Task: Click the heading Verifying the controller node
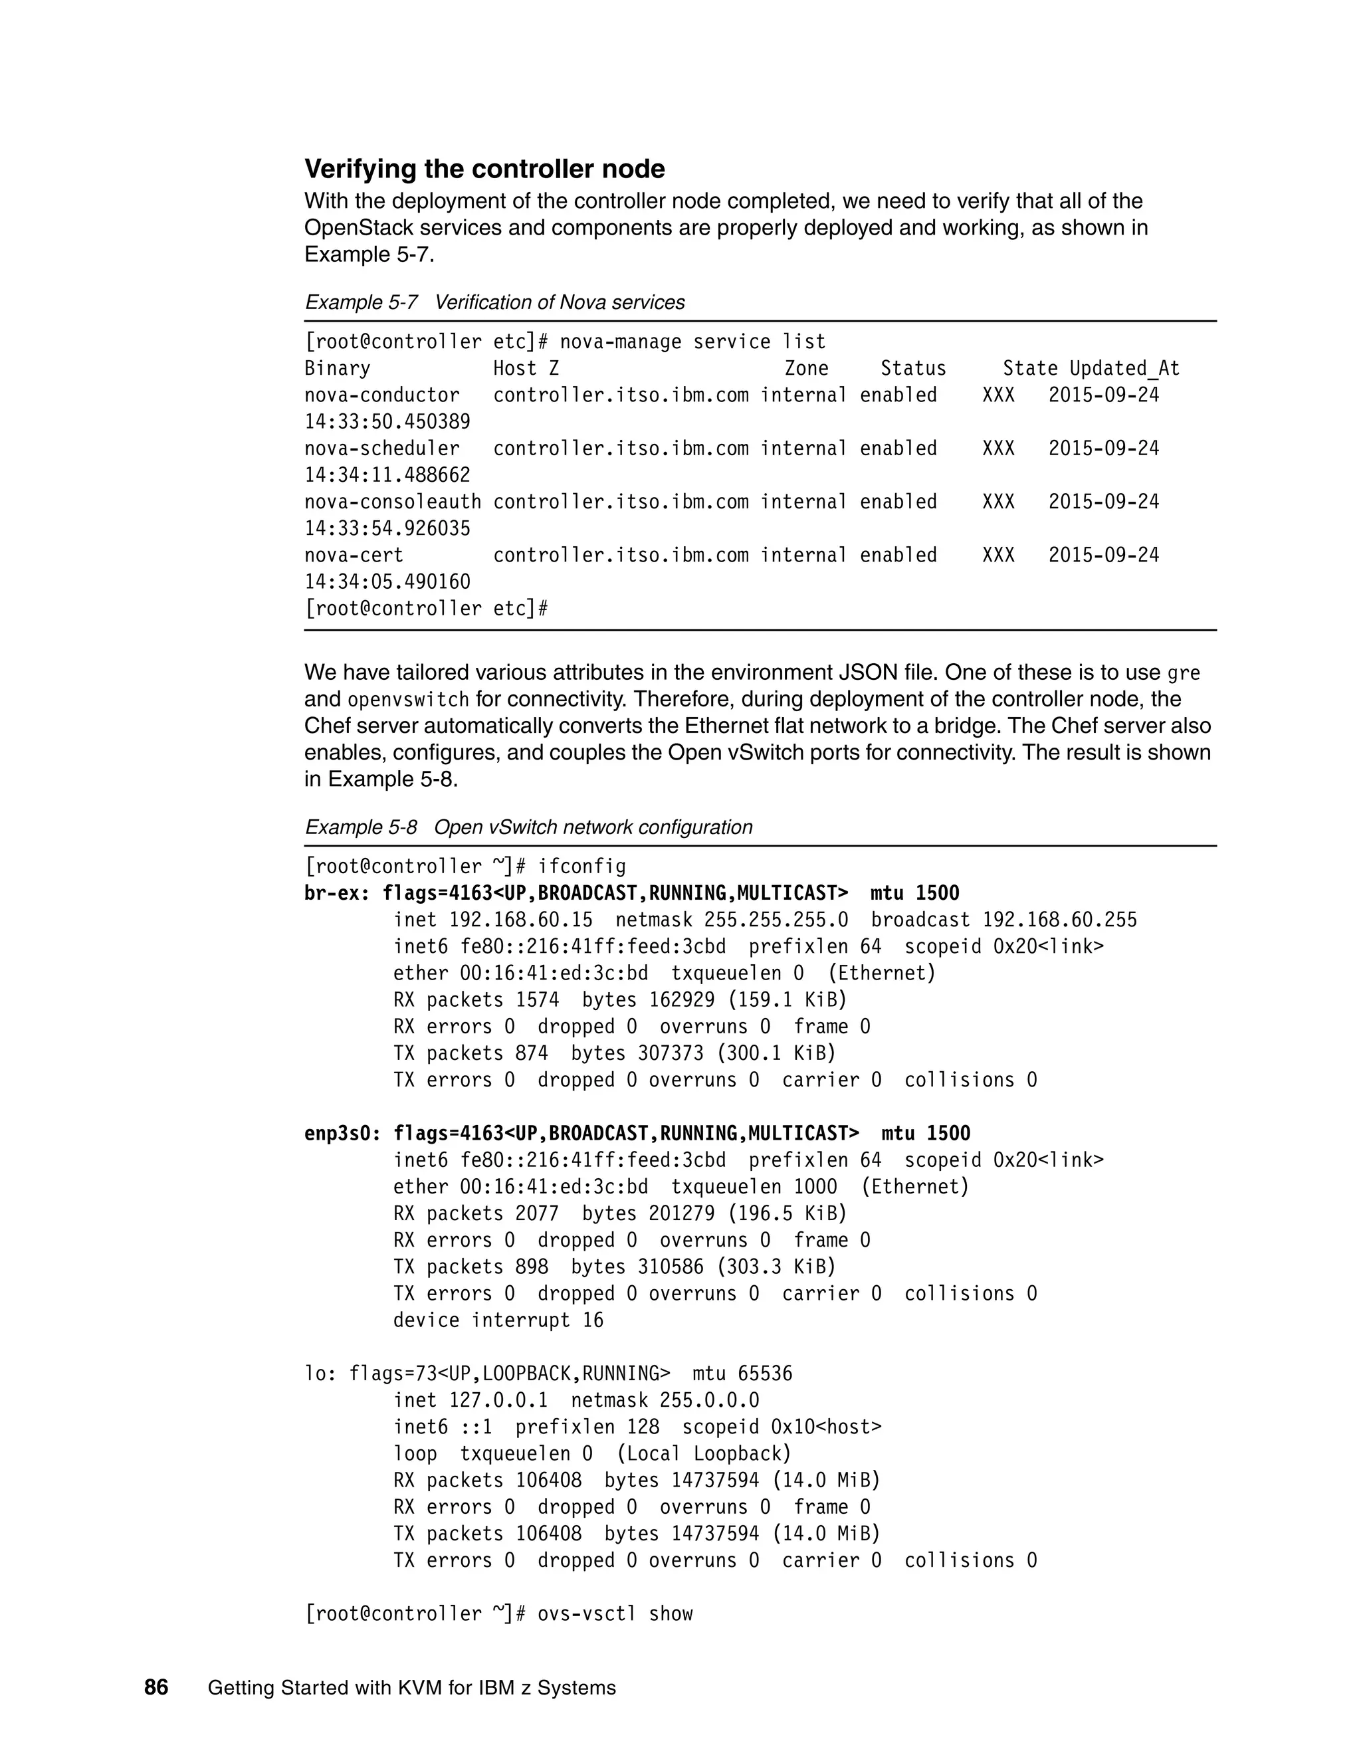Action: [484, 169]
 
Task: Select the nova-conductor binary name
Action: [381, 395]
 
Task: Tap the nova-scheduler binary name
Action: [381, 449]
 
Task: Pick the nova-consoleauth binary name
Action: [393, 502]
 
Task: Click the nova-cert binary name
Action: [353, 555]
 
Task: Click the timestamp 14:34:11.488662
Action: [387, 475]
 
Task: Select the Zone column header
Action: [806, 369]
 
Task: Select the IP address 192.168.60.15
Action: [520, 920]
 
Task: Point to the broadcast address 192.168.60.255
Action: [1059, 920]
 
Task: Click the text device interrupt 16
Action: [498, 1320]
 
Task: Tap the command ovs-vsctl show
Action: [615, 1613]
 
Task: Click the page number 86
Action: [156, 1688]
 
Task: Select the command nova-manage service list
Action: [692, 342]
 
